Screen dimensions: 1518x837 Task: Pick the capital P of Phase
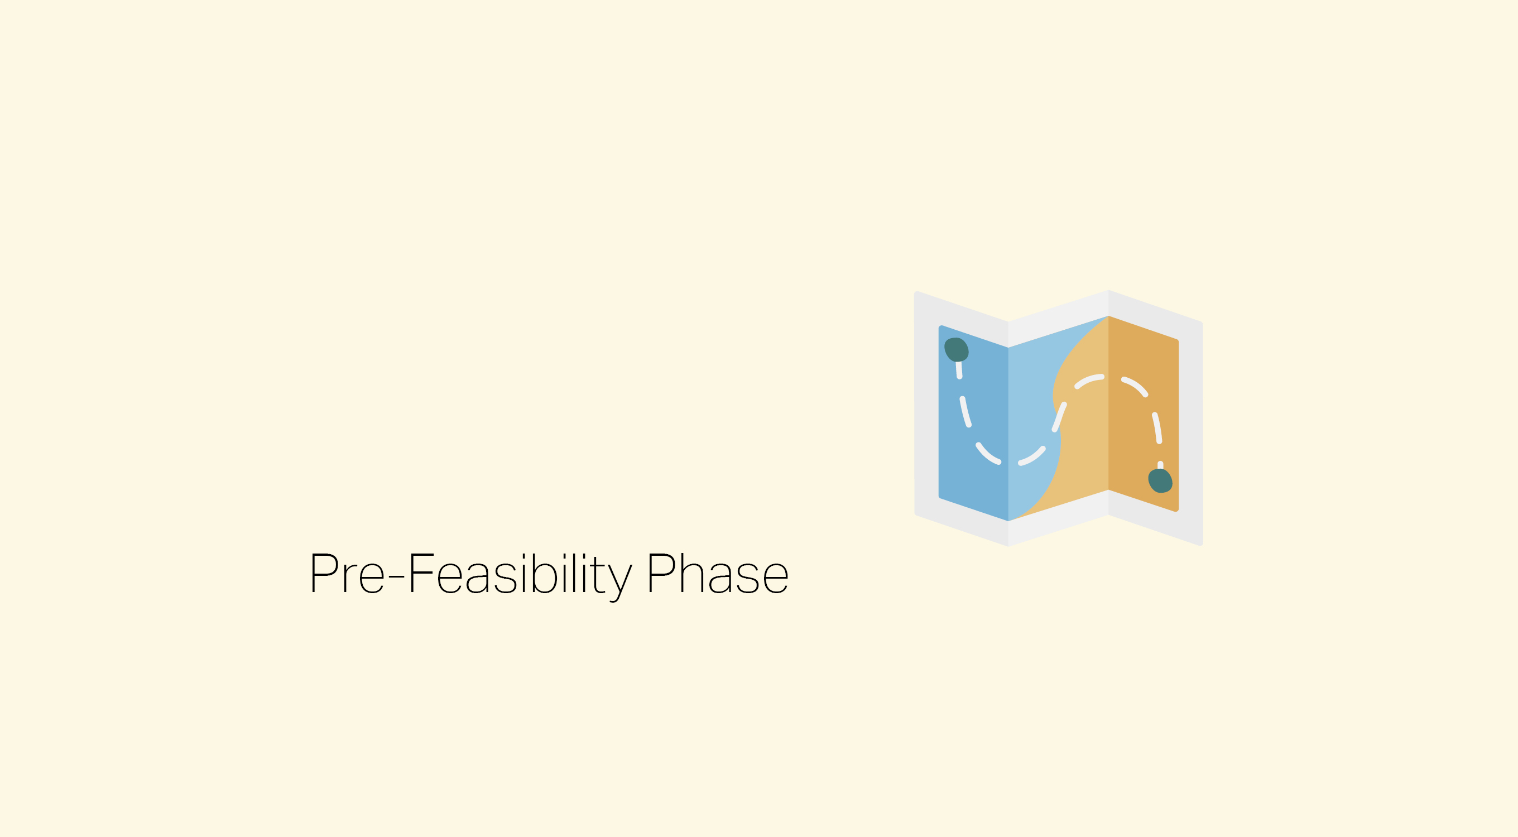[x=661, y=573]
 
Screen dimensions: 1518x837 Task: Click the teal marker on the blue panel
[x=957, y=349]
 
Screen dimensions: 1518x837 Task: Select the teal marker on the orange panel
[x=1160, y=480]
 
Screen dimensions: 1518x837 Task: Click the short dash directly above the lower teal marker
[x=1160, y=465]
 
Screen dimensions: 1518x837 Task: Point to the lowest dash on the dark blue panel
[x=988, y=454]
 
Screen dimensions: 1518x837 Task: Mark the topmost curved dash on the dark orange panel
[x=1135, y=386]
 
